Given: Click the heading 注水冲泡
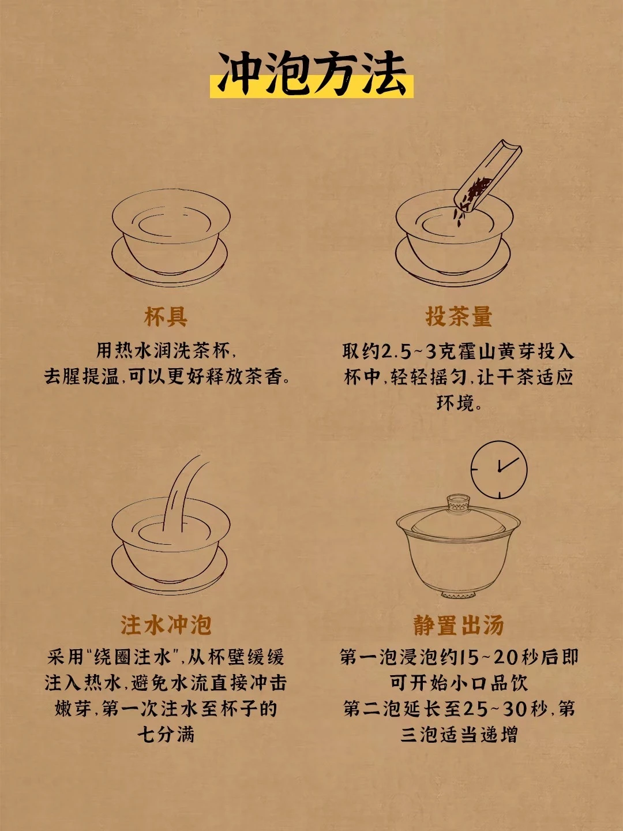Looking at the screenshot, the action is [166, 624].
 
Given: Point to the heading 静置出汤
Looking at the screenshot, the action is [459, 624].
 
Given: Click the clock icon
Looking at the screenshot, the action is [499, 470].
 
